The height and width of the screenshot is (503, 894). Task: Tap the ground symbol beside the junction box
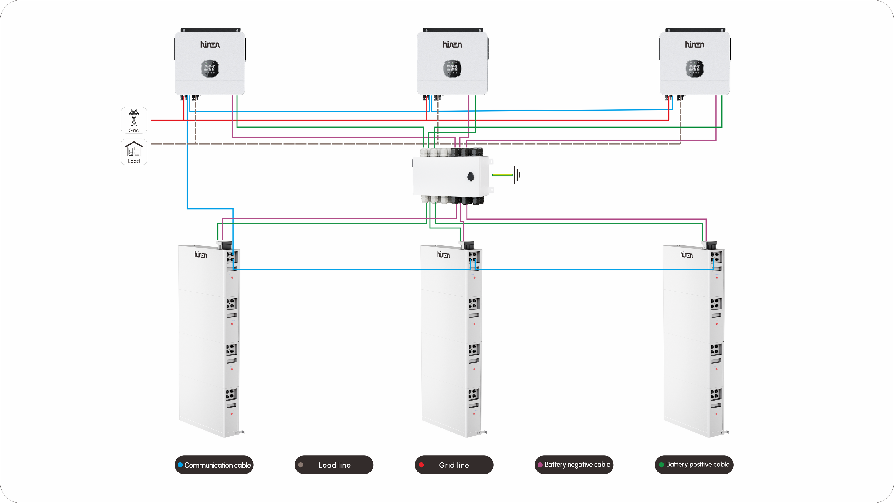pyautogui.click(x=517, y=175)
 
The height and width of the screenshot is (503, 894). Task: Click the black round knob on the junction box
pyautogui.click(x=471, y=177)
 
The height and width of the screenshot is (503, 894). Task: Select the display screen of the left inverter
pyautogui.click(x=210, y=68)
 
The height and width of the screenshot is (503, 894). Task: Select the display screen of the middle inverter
pyautogui.click(x=452, y=68)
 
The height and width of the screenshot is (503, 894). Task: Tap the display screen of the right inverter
pyautogui.click(x=694, y=68)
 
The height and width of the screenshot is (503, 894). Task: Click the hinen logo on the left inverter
pyautogui.click(x=210, y=44)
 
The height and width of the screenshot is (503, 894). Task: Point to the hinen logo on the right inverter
pyautogui.click(x=694, y=44)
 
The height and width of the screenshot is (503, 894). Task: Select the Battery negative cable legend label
pyautogui.click(x=577, y=465)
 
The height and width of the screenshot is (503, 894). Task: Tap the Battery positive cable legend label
pyautogui.click(x=698, y=465)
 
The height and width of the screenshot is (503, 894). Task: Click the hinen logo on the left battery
pyautogui.click(x=201, y=255)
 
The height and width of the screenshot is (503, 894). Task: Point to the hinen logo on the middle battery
pyautogui.click(x=443, y=255)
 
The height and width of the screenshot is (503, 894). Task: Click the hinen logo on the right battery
pyautogui.click(x=686, y=255)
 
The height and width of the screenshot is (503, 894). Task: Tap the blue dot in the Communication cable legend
pyautogui.click(x=180, y=465)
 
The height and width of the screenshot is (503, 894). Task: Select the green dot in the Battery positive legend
pyautogui.click(x=661, y=465)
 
